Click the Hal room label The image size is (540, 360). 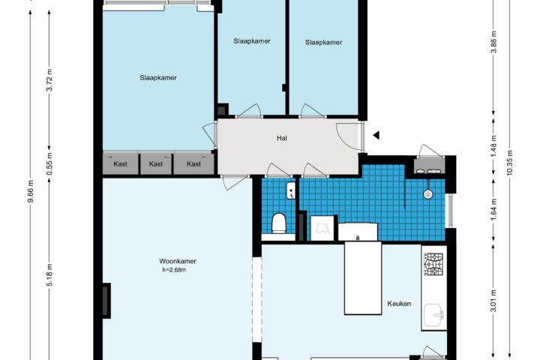(x=282, y=138)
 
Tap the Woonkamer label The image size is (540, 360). (x=178, y=261)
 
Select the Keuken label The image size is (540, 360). (x=399, y=304)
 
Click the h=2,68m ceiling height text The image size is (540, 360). (x=174, y=270)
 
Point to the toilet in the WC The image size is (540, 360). (x=278, y=223)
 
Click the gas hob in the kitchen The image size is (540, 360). (x=433, y=264)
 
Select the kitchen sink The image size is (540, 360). (x=434, y=315)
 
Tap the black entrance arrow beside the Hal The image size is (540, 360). (x=376, y=136)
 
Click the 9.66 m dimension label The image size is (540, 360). (x=31, y=191)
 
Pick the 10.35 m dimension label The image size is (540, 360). (x=510, y=163)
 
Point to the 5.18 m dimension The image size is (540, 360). (x=50, y=274)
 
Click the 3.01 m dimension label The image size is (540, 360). (x=493, y=301)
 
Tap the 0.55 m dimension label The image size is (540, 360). (x=50, y=163)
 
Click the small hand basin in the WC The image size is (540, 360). (x=291, y=190)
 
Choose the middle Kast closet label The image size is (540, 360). (x=156, y=164)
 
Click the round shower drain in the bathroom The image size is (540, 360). (x=427, y=194)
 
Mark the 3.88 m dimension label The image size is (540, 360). (x=493, y=42)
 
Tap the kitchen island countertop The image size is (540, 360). (x=363, y=278)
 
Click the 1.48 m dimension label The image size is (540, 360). (x=493, y=145)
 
